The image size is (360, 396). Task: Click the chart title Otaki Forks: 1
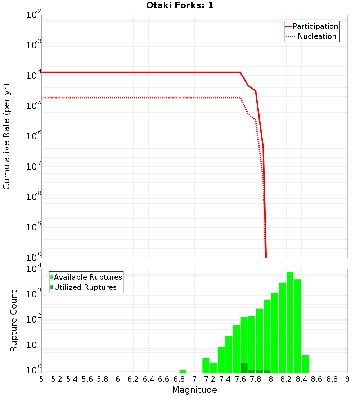(x=180, y=5)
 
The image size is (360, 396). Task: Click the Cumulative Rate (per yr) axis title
(x=6, y=136)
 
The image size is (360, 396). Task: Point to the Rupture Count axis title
(x=14, y=321)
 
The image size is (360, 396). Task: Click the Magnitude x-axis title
(x=194, y=390)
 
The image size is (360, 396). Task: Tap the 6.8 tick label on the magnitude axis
(x=179, y=379)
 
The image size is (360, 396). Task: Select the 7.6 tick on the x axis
(x=240, y=379)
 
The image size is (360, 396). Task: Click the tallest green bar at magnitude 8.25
(x=290, y=322)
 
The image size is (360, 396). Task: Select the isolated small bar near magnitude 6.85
(x=183, y=371)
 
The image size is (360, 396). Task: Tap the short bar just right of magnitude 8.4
(x=305, y=364)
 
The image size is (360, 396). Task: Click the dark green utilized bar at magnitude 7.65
(x=244, y=368)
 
